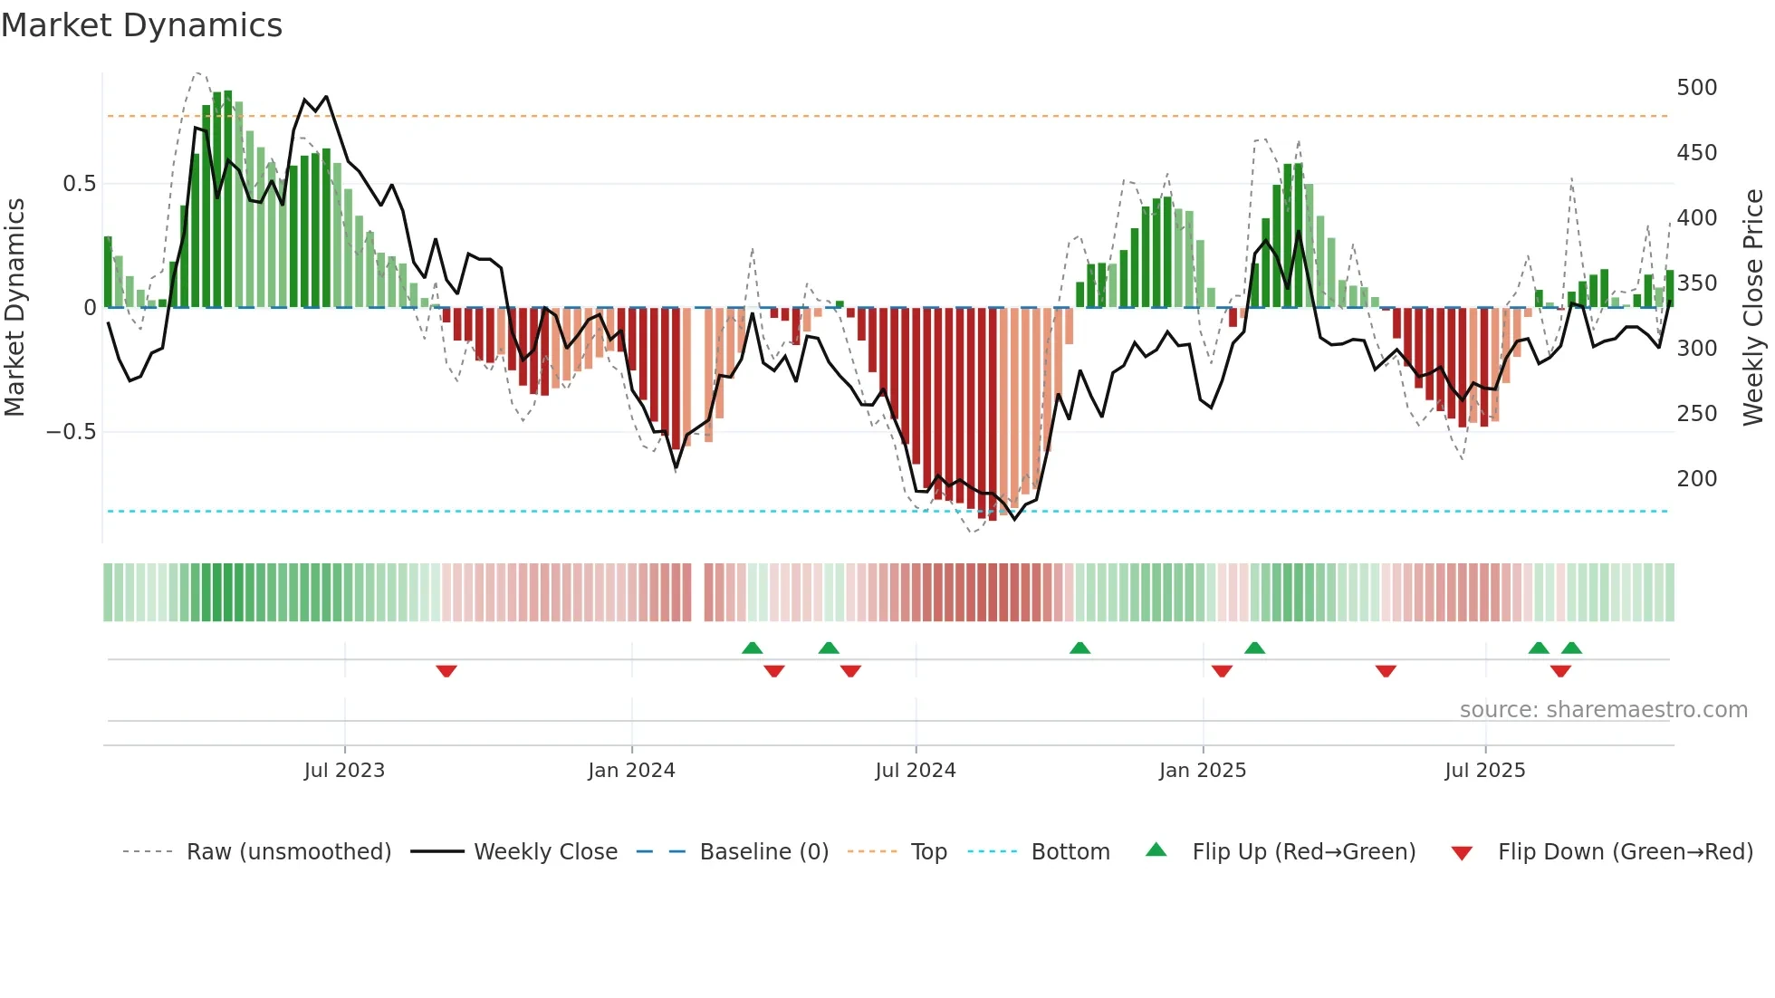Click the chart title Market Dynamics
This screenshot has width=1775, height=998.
click(x=142, y=25)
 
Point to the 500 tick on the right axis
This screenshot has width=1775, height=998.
click(x=1696, y=88)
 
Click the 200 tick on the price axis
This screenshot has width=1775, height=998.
click(x=1696, y=479)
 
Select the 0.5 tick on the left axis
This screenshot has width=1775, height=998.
click(x=79, y=184)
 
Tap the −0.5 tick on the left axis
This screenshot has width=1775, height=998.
click(x=72, y=432)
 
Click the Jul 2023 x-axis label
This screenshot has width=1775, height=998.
click(x=344, y=771)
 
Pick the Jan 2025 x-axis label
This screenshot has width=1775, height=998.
click(x=1203, y=771)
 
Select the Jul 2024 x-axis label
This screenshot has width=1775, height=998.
click(x=916, y=771)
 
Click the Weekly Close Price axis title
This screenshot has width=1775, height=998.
click(x=1753, y=308)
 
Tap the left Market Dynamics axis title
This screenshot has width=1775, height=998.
click(x=14, y=308)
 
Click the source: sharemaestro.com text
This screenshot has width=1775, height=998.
click(x=1603, y=710)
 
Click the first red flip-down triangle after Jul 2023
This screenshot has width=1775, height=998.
click(x=446, y=671)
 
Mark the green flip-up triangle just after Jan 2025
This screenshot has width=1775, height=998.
click(x=1254, y=648)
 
